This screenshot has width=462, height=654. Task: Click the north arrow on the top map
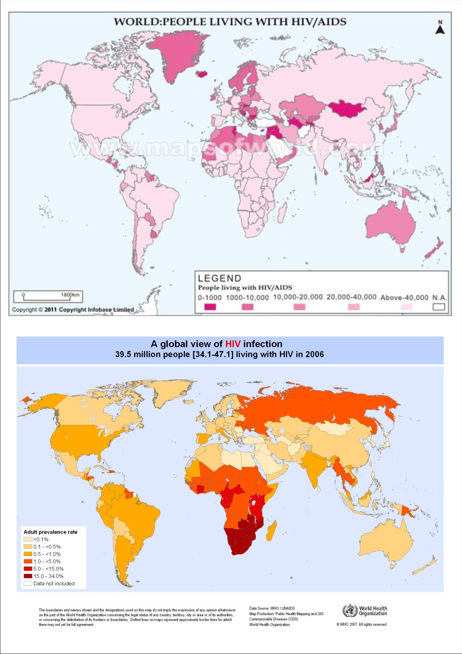tap(440, 28)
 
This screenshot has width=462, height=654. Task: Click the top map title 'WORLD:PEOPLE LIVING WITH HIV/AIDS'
tap(230, 22)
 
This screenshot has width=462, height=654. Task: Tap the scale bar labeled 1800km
tap(48, 296)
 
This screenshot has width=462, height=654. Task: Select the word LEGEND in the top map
tap(219, 278)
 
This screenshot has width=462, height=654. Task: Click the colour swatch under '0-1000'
tap(210, 307)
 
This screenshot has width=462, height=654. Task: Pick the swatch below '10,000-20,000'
tap(299, 307)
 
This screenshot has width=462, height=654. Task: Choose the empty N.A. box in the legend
tap(439, 307)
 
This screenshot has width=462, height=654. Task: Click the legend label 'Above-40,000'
tap(404, 297)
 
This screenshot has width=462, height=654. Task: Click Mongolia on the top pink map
tap(346, 109)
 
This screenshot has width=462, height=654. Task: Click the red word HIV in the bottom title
tap(233, 344)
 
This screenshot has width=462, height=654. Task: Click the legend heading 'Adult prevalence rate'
tap(51, 532)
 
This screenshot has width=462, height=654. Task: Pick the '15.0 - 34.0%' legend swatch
tap(28, 576)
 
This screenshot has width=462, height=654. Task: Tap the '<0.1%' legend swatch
tap(28, 539)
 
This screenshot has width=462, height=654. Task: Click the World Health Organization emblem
tap(350, 611)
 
